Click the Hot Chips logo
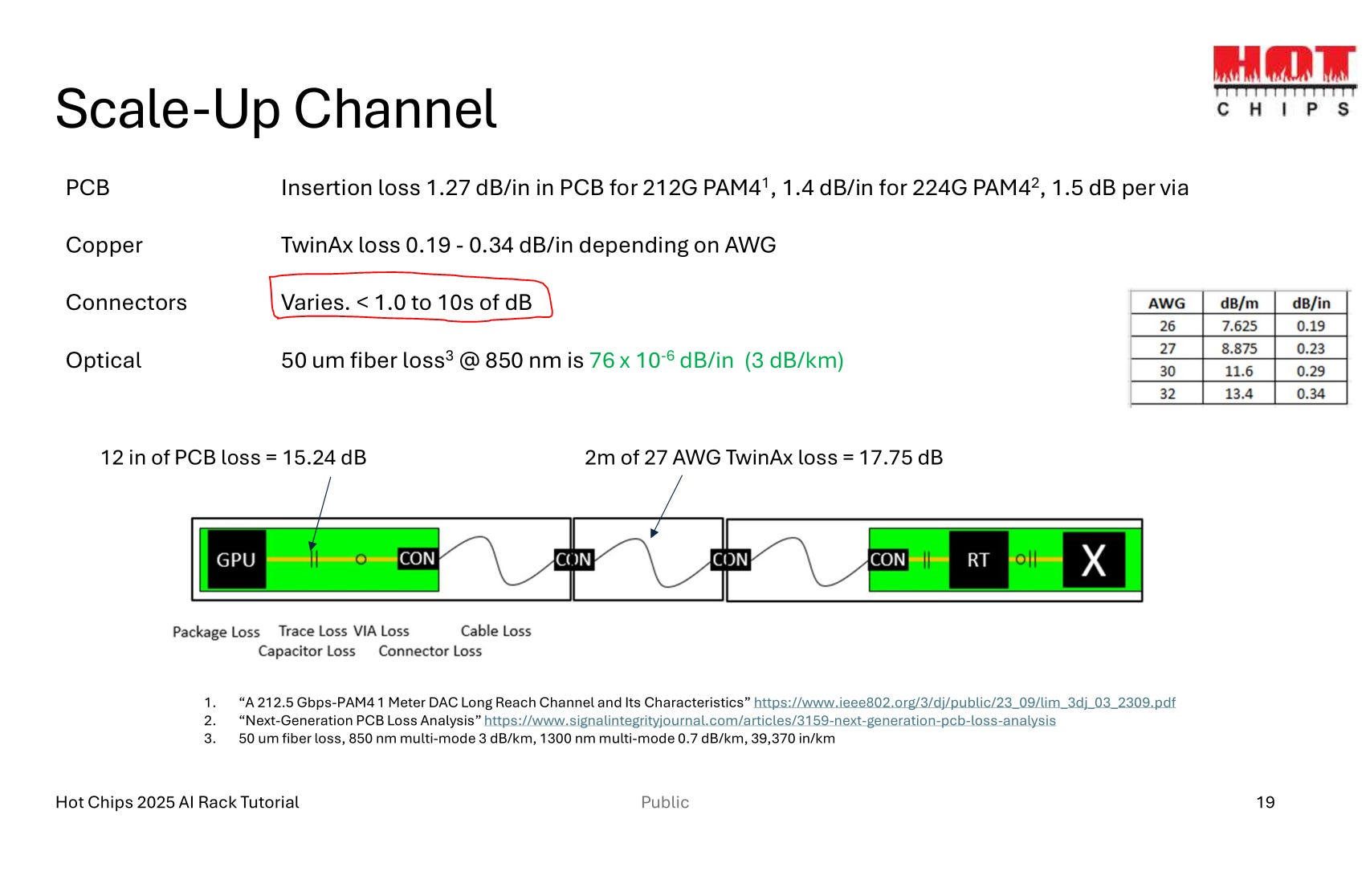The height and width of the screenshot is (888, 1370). pyautogui.click(x=1283, y=81)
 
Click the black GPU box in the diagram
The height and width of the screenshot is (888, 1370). pyautogui.click(x=235, y=560)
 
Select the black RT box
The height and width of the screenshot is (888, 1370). pyautogui.click(x=977, y=560)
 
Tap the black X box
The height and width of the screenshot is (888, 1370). pyautogui.click(x=1093, y=560)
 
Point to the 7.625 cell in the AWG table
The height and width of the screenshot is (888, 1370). pyautogui.click(x=1238, y=326)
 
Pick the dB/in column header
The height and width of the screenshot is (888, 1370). pyautogui.click(x=1311, y=303)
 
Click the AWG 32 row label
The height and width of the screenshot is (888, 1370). pyautogui.click(x=1167, y=393)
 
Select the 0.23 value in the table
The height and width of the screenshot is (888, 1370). pyautogui.click(x=1311, y=348)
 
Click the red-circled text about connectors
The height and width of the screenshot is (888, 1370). pyautogui.click(x=406, y=303)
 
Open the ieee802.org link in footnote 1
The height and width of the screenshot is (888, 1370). pyautogui.click(x=964, y=703)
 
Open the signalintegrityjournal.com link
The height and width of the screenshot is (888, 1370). pyautogui.click(x=769, y=720)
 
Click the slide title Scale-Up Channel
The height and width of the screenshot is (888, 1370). pyautogui.click(x=276, y=108)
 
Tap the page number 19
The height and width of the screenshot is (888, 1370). pyautogui.click(x=1265, y=802)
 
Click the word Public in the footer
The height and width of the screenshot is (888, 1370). pyautogui.click(x=665, y=802)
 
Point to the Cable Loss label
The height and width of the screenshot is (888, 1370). pyautogui.click(x=495, y=631)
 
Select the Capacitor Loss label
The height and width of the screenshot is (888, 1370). pyautogui.click(x=307, y=651)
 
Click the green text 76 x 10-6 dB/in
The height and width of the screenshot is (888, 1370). pyautogui.click(x=661, y=360)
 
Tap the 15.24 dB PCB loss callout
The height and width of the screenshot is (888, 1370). pyautogui.click(x=233, y=458)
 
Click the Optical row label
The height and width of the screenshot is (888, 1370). pyautogui.click(x=104, y=360)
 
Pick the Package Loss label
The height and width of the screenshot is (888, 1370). pyautogui.click(x=216, y=632)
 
